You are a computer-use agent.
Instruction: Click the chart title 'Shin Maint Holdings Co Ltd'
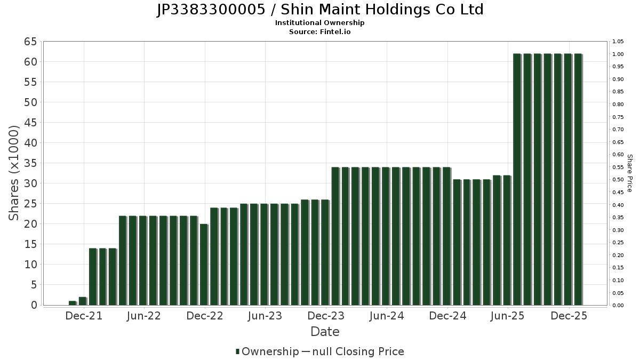pos(320,10)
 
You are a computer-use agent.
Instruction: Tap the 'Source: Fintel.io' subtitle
pos(319,32)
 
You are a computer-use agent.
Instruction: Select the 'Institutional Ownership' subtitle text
pos(319,23)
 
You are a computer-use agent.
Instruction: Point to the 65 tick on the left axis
pos(30,42)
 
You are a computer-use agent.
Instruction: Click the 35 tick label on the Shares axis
pos(30,163)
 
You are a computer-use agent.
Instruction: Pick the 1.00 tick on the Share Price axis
pos(618,54)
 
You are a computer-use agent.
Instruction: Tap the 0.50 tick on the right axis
pos(618,180)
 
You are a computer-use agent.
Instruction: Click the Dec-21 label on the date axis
pos(84,316)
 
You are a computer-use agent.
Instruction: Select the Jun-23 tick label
pos(265,316)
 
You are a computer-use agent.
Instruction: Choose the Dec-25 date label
pos(569,316)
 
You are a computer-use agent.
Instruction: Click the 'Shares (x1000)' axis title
pos(14,173)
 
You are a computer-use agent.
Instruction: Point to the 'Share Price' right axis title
pos(629,173)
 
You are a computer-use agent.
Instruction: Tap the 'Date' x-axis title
pos(325,332)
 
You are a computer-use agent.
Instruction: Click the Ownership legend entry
pos(267,351)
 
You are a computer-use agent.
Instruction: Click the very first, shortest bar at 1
pos(72,303)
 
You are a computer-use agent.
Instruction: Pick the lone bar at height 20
pos(204,265)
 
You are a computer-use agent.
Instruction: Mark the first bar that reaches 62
pos(517,179)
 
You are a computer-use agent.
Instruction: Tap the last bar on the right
pos(578,179)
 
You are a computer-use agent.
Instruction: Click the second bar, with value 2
pos(82,301)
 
